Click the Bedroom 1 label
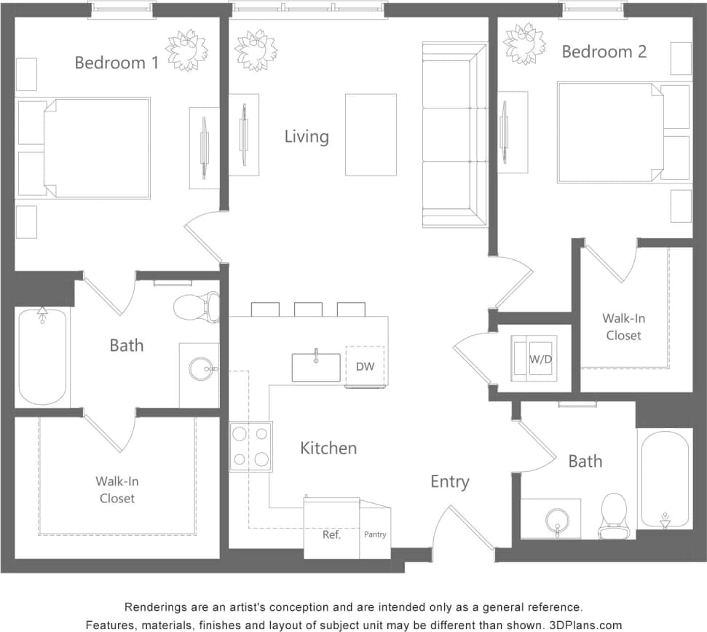pos(116,63)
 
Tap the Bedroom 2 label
pos(604,52)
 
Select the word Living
pos(307,136)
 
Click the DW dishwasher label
pos(365,366)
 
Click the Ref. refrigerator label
pos(332,534)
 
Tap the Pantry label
pos(375,534)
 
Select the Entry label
pos(450,481)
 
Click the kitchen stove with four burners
pos(250,446)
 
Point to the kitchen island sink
pos(316,367)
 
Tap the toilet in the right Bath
pos(615,514)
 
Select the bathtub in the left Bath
pos(43,356)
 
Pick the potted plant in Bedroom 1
pos(186,50)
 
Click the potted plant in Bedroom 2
pos(525,43)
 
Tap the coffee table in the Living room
pos(371,134)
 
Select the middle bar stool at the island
pos(308,309)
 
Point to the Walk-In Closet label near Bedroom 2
pos(624,327)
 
